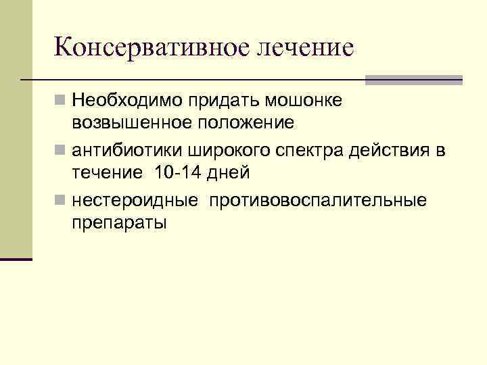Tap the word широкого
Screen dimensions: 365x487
(216, 150)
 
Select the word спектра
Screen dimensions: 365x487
(304, 150)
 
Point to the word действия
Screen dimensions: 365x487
(391, 150)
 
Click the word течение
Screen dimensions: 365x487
(104, 172)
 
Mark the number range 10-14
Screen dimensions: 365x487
(177, 172)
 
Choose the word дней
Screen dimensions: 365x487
(228, 172)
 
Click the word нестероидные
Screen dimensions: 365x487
(135, 200)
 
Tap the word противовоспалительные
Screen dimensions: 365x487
(318, 200)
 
